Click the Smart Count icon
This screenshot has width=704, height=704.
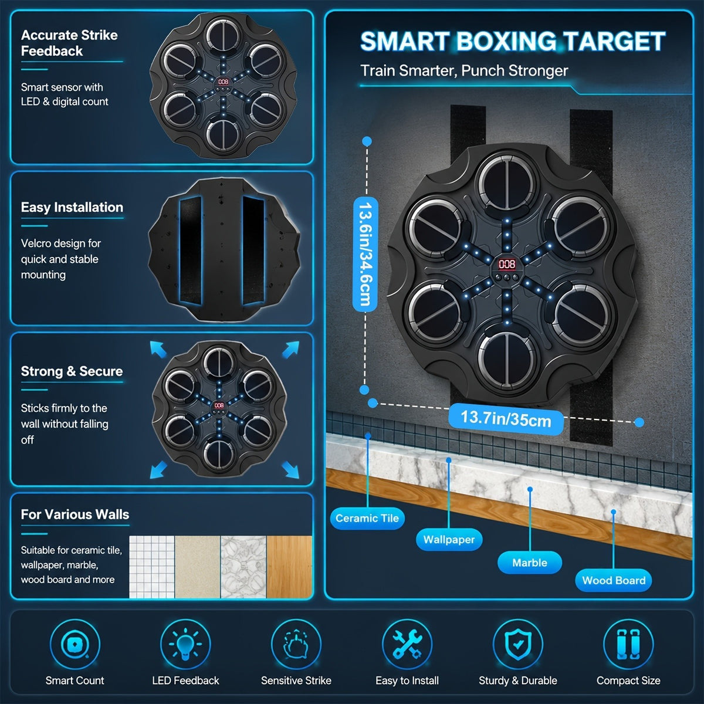(75, 644)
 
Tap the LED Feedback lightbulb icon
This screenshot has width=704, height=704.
(185, 644)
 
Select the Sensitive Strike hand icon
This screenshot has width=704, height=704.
(296, 644)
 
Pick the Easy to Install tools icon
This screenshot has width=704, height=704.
(407, 644)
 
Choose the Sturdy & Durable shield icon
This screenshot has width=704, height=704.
(517, 644)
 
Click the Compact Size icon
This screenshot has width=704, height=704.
(628, 644)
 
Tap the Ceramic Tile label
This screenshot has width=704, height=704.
(367, 519)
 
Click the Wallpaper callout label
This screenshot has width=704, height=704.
(449, 540)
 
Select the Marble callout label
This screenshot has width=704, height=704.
(530, 563)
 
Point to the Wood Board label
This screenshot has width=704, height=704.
(614, 580)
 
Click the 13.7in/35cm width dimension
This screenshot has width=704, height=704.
(506, 419)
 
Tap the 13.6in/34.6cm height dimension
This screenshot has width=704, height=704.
(365, 254)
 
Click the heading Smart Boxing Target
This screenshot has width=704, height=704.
(513, 41)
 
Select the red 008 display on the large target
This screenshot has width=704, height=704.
(507, 264)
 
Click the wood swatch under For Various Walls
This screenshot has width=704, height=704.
(289, 567)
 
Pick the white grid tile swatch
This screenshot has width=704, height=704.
(152, 567)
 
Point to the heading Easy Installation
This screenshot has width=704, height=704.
(72, 207)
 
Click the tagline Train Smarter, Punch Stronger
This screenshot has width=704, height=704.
(464, 71)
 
